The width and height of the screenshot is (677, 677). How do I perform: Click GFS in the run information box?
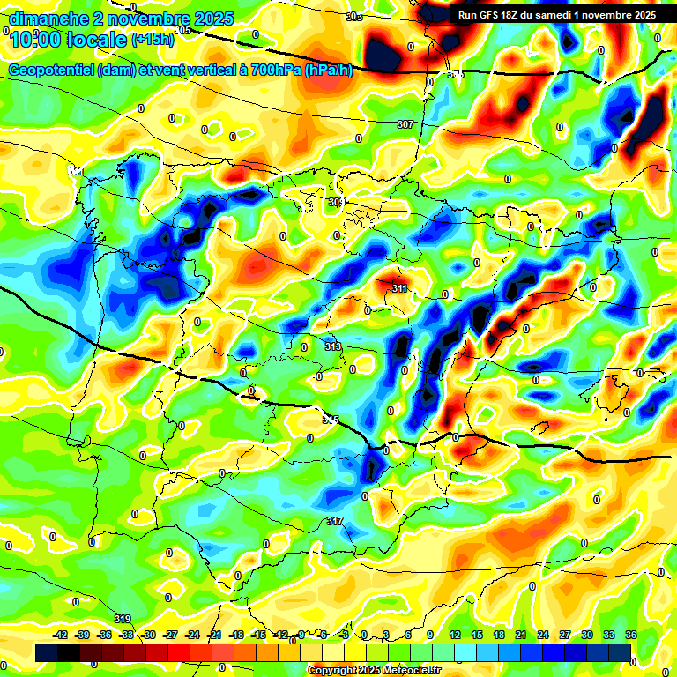(495, 15)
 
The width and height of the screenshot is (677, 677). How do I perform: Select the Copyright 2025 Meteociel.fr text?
(375, 671)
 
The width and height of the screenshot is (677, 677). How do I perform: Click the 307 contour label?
(405, 124)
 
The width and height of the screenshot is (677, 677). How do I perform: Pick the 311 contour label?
(399, 288)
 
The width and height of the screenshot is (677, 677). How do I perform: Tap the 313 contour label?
(333, 346)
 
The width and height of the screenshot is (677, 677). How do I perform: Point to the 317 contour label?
(335, 522)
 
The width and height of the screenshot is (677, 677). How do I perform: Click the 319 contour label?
(123, 618)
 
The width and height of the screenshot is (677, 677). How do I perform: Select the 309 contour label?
(336, 202)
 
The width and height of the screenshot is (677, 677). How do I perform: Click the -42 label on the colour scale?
(61, 635)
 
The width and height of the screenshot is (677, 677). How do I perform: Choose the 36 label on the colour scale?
(630, 635)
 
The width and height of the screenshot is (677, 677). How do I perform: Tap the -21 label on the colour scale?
(214, 635)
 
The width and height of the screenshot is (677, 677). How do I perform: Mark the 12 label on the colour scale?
(455, 635)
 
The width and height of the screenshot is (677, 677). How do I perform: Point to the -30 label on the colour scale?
(148, 635)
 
